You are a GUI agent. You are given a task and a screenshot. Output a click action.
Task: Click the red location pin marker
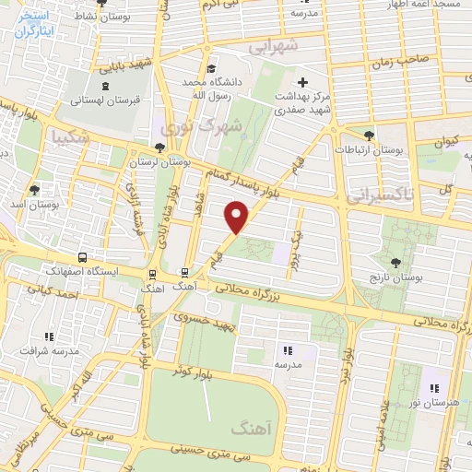click(x=237, y=218)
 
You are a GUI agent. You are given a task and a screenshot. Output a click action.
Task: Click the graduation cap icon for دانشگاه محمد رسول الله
click(x=212, y=69)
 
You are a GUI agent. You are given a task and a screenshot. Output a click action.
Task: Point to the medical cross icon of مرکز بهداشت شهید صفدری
click(x=302, y=83)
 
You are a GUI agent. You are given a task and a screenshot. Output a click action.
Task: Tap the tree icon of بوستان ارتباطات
click(x=369, y=135)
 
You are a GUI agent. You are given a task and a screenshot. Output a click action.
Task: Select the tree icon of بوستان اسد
click(x=35, y=190)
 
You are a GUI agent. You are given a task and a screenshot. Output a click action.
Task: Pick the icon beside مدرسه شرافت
click(x=49, y=337)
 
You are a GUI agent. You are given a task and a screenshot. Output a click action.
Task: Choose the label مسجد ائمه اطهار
click(x=423, y=6)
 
